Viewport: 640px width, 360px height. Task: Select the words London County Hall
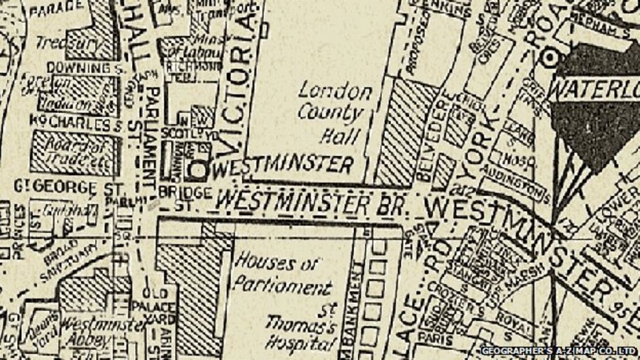tap(335, 113)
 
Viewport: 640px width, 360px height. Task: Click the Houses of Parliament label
tap(276, 276)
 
